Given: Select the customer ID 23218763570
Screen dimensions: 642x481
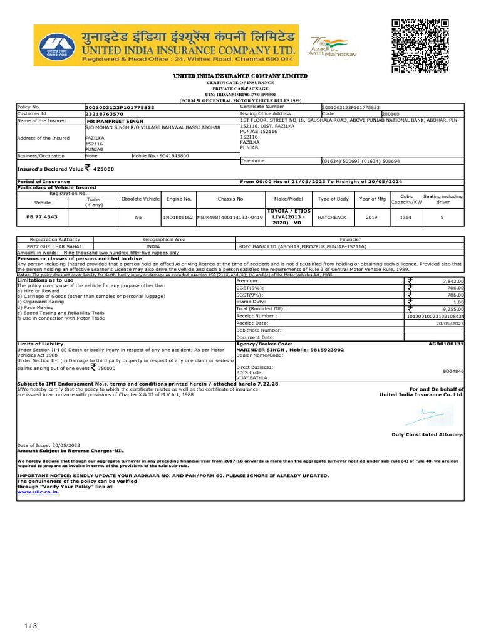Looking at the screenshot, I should tap(104, 113).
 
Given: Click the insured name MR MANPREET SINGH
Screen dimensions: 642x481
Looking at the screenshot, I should tap(115, 120).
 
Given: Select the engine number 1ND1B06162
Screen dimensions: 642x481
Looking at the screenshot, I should tap(178, 218).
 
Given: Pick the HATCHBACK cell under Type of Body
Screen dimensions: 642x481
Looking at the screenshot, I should tap(332, 218).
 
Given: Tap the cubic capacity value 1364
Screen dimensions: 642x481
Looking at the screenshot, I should tap(406, 218).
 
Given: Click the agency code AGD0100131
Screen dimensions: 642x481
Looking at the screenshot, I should tap(446, 344).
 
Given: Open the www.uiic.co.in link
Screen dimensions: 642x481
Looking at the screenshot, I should tap(38, 492).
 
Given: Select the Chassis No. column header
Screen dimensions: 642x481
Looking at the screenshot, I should tap(230, 199).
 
